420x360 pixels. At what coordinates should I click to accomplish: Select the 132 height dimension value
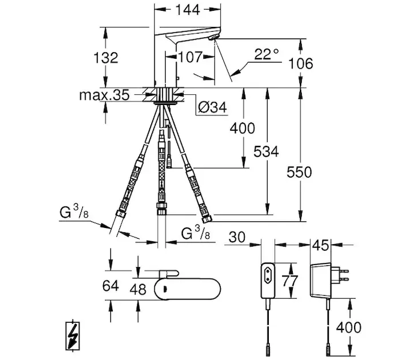(x=106, y=58)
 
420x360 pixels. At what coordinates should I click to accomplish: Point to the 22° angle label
(x=267, y=53)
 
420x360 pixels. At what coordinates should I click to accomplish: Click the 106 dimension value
(x=301, y=63)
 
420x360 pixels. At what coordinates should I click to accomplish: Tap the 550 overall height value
(x=300, y=172)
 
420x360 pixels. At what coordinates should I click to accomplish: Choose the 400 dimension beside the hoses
(x=242, y=128)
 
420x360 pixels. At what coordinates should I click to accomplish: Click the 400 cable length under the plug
(x=349, y=327)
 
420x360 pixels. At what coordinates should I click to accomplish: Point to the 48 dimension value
(x=139, y=289)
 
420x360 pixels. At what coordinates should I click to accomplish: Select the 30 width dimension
(x=237, y=238)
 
